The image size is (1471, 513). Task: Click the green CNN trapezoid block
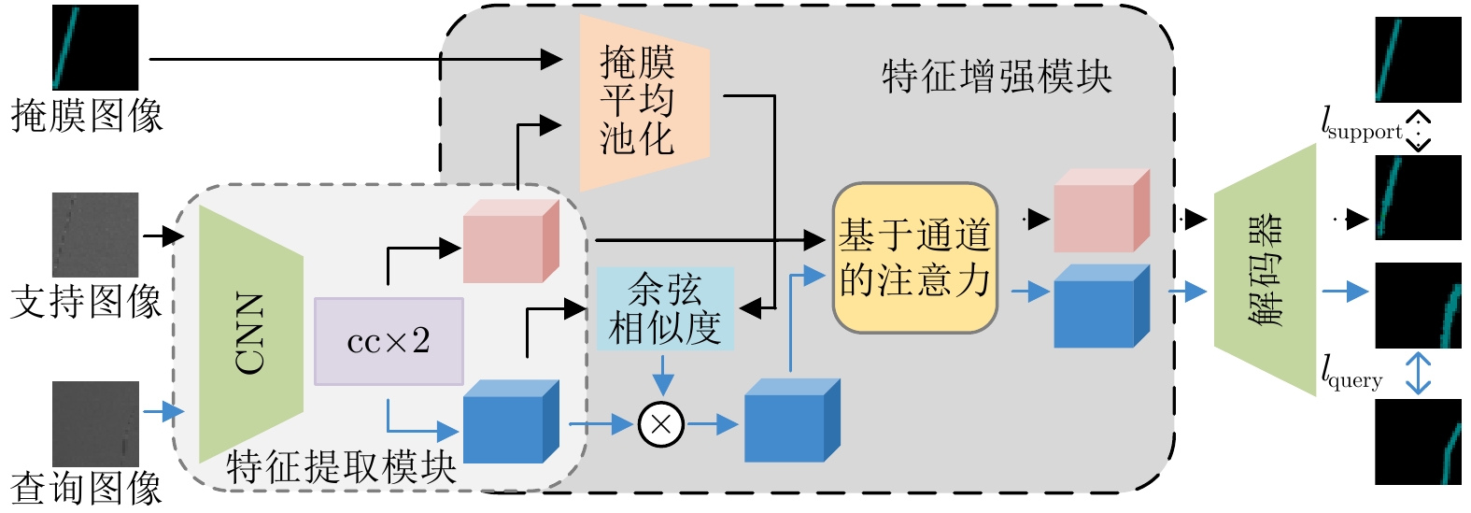(251, 334)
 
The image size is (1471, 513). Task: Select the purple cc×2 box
(389, 341)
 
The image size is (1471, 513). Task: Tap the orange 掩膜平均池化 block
(644, 102)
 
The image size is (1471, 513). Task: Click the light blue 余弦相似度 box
(665, 308)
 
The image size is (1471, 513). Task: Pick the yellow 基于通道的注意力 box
(914, 258)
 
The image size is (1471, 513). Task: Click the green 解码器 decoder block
(1265, 270)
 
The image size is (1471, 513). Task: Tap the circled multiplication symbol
(661, 425)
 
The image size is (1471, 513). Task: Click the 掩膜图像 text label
(87, 116)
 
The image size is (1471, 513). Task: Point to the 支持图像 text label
(87, 302)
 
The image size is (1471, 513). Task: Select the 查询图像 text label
(87, 488)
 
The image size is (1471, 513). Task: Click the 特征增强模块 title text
(996, 77)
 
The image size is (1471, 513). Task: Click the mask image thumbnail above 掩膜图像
(94, 48)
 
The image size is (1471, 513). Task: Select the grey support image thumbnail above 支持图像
(94, 235)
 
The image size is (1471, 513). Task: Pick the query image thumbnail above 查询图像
(94, 422)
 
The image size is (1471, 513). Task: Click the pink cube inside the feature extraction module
(510, 241)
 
